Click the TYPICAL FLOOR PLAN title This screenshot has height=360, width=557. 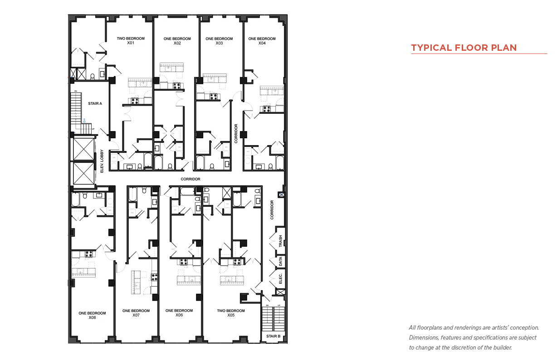[x=464, y=48]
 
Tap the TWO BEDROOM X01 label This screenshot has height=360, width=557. [x=131, y=41]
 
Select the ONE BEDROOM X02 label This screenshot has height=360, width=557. [x=177, y=41]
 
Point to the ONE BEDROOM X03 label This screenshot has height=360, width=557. [x=219, y=41]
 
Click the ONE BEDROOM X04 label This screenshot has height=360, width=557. [x=262, y=41]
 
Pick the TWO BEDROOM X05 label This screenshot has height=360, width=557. [x=231, y=312]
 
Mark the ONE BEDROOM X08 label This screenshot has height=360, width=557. [x=92, y=315]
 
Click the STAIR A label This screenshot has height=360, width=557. [x=95, y=103]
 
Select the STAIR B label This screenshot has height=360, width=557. [x=273, y=336]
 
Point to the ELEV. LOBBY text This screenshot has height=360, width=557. [x=102, y=161]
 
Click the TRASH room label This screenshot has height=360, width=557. [x=281, y=241]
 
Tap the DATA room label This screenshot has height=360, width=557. [x=281, y=261]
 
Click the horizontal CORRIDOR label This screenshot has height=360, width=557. [x=191, y=179]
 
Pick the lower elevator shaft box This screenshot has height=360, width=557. [x=83, y=173]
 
